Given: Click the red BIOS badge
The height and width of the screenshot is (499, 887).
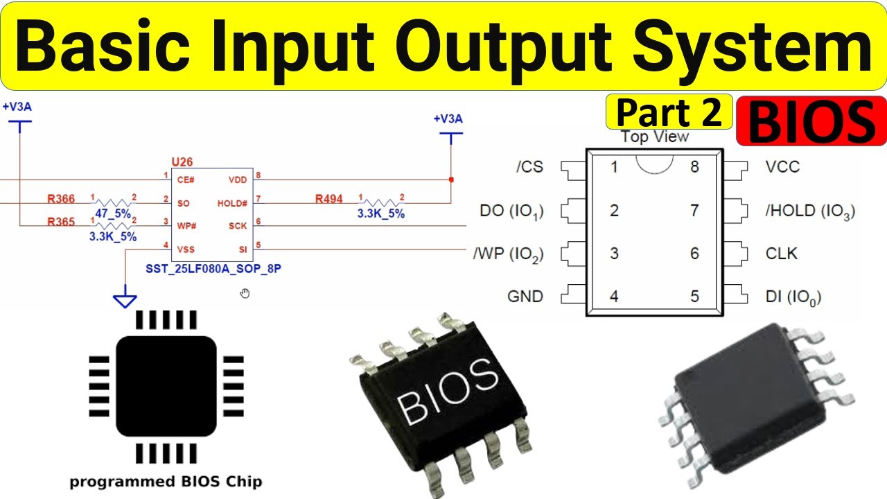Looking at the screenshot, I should (x=811, y=121).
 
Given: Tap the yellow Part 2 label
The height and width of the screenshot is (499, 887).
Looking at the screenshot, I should (x=669, y=112).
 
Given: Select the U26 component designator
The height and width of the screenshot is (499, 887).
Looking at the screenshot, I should (x=182, y=161).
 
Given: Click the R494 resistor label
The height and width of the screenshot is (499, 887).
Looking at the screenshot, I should (x=328, y=200).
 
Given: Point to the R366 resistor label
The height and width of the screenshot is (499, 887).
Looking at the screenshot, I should (x=61, y=200).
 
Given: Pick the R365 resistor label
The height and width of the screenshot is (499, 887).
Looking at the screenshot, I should (x=61, y=222).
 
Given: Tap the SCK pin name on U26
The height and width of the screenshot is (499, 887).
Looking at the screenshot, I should (x=238, y=226).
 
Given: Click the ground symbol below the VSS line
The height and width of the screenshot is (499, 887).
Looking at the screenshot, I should (x=125, y=300).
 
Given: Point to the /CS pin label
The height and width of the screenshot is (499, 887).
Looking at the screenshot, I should (x=529, y=167).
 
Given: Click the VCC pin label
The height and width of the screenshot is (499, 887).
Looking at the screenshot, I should (x=782, y=167).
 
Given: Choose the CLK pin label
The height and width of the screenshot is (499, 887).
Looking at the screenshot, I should (x=782, y=254).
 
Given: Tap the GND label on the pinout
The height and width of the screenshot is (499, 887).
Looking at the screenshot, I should (x=525, y=297).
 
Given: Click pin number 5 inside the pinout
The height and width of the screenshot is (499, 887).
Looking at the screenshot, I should (x=694, y=297).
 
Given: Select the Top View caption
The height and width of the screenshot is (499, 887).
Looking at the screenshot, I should (x=655, y=137).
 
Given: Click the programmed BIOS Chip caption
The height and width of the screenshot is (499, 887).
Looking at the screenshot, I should (x=166, y=481).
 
